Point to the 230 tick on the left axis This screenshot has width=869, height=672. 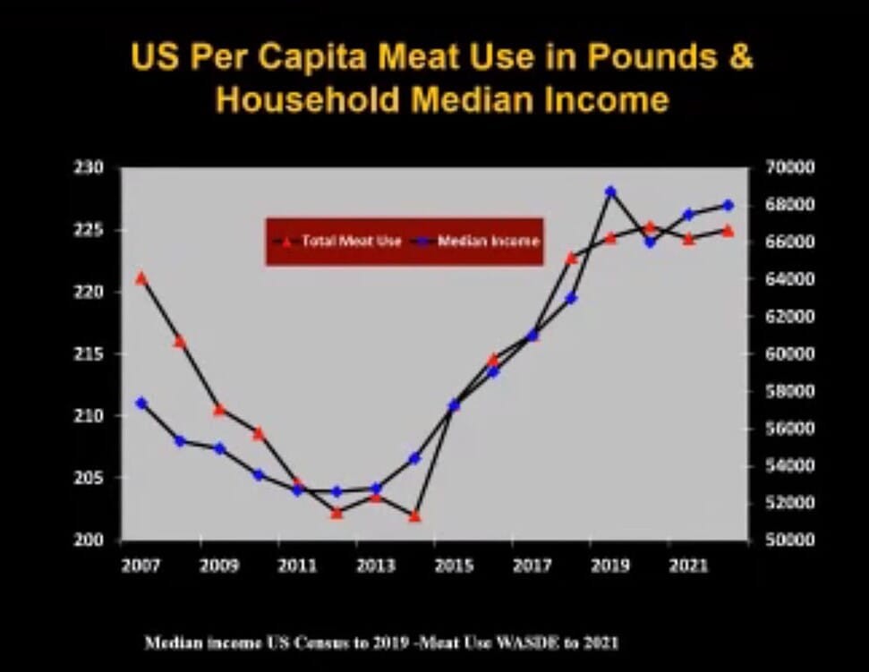[95, 168]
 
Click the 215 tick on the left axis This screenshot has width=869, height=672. [95, 354]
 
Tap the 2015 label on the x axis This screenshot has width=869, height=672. [455, 566]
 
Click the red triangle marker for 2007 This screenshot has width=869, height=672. [141, 278]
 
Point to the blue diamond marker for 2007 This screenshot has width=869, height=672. [141, 404]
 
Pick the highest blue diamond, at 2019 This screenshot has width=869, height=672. [610, 191]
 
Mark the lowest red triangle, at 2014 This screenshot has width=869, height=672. [415, 516]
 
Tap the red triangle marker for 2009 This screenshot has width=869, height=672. [219, 410]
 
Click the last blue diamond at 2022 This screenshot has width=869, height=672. [728, 205]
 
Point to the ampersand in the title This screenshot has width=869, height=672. [740, 57]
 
